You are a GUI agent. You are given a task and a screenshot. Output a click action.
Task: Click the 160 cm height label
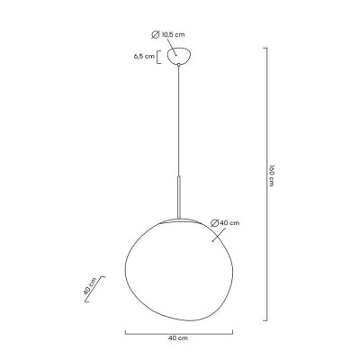pyautogui.click(x=271, y=175)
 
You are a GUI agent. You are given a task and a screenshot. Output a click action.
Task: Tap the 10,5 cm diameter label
pyautogui.click(x=173, y=34)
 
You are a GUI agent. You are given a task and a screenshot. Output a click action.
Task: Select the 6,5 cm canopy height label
pyautogui.click(x=144, y=56)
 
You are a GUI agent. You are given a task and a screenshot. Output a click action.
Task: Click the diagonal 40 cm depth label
pyautogui.click(x=90, y=286)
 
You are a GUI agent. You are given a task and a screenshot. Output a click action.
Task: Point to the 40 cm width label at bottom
pyautogui.click(x=178, y=338)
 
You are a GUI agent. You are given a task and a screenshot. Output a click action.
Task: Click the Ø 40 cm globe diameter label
pyautogui.click(x=225, y=223)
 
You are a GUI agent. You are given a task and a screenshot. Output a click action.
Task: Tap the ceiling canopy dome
pyautogui.click(x=179, y=56)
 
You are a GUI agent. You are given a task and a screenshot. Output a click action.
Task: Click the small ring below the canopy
pyautogui.click(x=179, y=65)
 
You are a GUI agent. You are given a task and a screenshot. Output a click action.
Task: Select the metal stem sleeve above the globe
pyautogui.click(x=179, y=197)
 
